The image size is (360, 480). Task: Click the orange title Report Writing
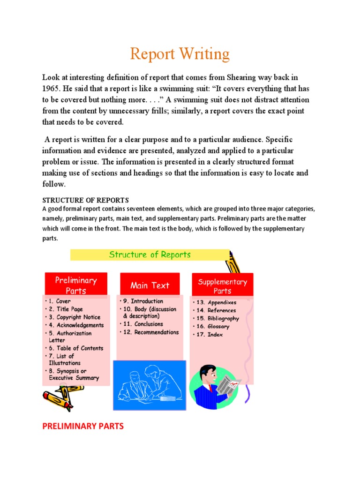click(x=180, y=54)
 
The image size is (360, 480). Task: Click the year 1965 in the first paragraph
click(x=52, y=89)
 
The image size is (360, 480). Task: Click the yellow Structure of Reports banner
click(x=150, y=255)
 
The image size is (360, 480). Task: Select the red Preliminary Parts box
click(x=76, y=285)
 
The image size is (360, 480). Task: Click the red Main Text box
click(x=150, y=285)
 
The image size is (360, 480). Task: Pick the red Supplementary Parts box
click(x=222, y=285)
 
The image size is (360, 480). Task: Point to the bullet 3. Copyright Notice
click(x=75, y=317)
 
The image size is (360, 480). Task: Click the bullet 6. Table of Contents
click(x=76, y=348)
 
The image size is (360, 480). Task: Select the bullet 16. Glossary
click(x=214, y=326)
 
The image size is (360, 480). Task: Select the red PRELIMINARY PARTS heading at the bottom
click(x=83, y=426)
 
